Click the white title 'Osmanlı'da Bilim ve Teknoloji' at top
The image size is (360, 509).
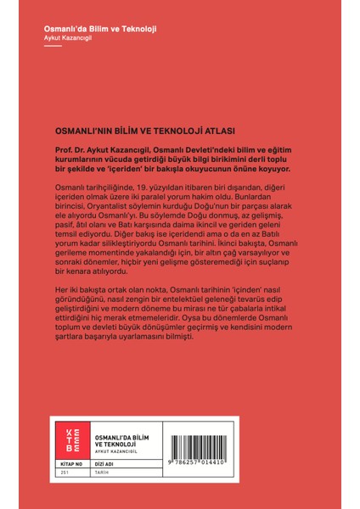coord(100,29)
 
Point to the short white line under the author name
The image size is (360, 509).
coord(53,48)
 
